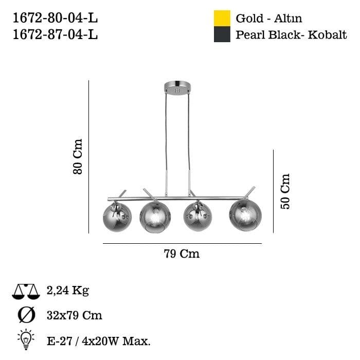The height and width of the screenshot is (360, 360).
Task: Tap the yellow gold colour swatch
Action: (x=222, y=18)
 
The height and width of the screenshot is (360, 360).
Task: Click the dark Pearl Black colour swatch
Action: (x=222, y=34)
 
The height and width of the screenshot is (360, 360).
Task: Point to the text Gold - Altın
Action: (x=268, y=19)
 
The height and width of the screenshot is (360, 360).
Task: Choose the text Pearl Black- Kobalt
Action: (x=291, y=35)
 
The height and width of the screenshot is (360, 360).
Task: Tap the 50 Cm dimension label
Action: (x=285, y=191)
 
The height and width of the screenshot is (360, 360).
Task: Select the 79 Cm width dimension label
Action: (x=182, y=254)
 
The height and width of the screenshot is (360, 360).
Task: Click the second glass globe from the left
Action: (x=154, y=216)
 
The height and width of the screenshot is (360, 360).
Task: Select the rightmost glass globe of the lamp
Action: (x=245, y=214)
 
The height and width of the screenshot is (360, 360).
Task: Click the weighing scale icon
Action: (x=25, y=292)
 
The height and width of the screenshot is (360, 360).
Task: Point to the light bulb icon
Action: (x=26, y=339)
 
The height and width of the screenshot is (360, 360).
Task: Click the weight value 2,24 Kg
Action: (x=67, y=291)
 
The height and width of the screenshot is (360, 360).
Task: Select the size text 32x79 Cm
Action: (x=74, y=315)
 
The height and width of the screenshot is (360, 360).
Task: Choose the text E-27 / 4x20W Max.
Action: (x=98, y=340)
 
